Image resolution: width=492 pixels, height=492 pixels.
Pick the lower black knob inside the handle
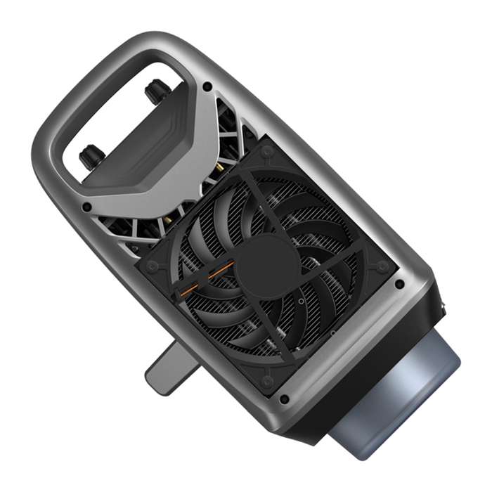pyautogui.click(x=91, y=157)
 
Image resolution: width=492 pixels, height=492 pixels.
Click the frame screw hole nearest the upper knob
pyautogui.click(x=207, y=86)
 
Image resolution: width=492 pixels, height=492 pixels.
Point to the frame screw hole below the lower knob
pyautogui.click(x=86, y=207)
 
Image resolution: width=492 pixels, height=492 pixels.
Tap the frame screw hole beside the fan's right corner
pyautogui.click(x=399, y=285)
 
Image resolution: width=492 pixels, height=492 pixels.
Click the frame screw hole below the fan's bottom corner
pyautogui.click(x=284, y=399)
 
